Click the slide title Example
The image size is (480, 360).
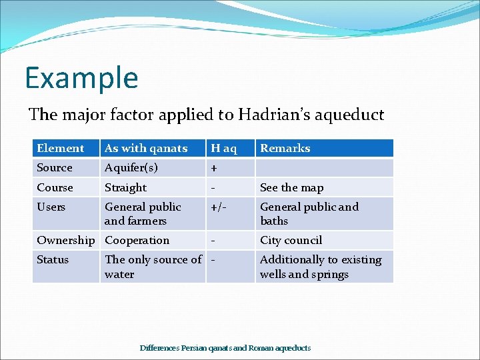coord(81,77)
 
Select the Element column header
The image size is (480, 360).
coord(61,148)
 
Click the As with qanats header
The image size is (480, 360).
coord(146,148)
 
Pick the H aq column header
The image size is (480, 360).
coord(224,148)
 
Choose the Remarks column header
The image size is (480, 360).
coord(285,148)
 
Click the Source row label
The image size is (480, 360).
coord(55,168)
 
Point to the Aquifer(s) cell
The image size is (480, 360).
coord(131,168)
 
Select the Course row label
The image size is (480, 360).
coord(55,187)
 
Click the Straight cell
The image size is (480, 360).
coord(125,187)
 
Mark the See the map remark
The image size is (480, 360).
coord(291,187)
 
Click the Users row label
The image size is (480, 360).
coord(51,207)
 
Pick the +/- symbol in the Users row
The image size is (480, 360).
coord(218,207)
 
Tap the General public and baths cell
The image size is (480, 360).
coord(309,213)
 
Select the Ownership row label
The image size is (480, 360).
coord(65,240)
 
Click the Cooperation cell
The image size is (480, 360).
coord(137,240)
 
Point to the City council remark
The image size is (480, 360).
coord(291,240)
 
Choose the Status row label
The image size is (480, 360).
coord(53,259)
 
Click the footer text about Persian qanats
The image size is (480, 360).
coord(225,347)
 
